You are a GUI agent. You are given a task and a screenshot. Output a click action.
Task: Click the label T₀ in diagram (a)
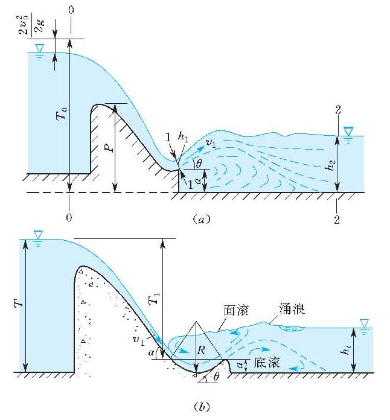[x=62, y=113]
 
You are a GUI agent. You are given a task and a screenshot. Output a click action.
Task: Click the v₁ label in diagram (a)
[x=212, y=144]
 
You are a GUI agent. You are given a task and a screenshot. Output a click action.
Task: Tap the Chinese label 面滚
[x=240, y=310]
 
